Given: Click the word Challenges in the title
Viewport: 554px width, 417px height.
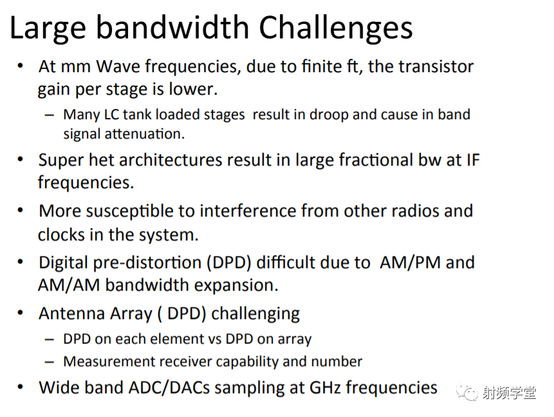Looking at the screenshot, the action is tap(336, 28).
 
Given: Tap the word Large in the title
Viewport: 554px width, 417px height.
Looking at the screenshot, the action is tap(48, 28).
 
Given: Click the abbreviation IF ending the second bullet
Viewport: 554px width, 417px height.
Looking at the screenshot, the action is tap(473, 160).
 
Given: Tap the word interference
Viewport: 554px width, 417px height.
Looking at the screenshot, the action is tap(248, 211).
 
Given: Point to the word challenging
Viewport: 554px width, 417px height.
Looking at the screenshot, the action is tap(255, 314).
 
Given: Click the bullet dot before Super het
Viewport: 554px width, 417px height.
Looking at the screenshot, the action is tap(21, 160).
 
